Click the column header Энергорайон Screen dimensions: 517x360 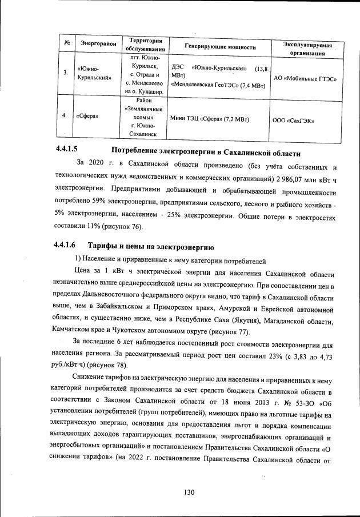click(98, 44)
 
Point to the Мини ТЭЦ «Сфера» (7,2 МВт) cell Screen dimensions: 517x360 click(210, 119)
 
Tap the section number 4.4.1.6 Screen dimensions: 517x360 click(66, 246)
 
